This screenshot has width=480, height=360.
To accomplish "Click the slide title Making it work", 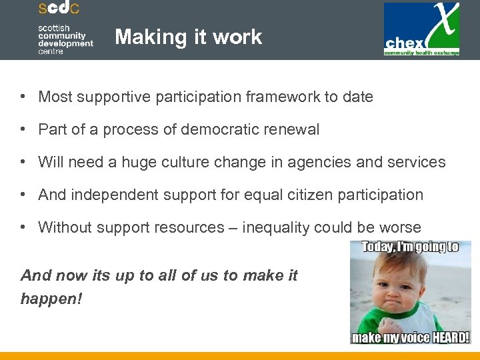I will click(188, 37).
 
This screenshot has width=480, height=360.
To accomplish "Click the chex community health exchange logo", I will click(421, 29).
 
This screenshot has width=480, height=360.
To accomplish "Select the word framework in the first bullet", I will click(285, 97).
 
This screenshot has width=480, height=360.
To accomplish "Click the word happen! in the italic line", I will click(51, 299).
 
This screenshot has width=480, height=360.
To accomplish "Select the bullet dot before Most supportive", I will click(23, 97).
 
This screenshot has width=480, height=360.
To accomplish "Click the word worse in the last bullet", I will click(400, 228).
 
